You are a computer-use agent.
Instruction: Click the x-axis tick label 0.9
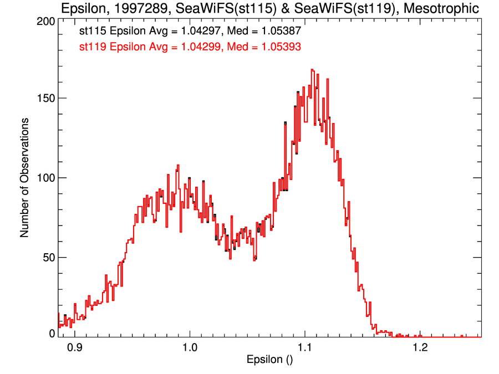(74, 347)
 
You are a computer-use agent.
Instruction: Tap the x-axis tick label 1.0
(189, 347)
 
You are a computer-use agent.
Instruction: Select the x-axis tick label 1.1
(304, 347)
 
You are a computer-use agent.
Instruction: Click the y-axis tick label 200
(45, 21)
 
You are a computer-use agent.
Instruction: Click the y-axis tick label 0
(52, 334)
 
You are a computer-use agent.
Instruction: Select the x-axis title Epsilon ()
(269, 360)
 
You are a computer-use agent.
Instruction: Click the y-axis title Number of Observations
(24, 178)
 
